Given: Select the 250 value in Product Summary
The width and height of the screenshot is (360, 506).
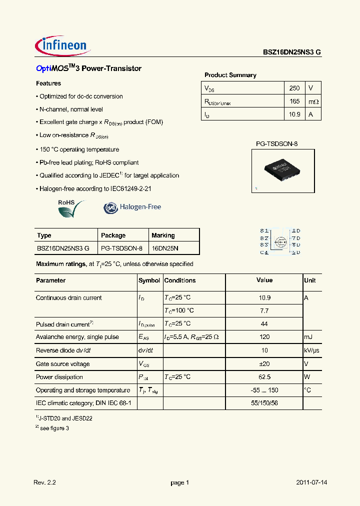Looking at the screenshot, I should click(x=294, y=88).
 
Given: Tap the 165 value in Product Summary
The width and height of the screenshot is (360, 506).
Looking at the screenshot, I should click(x=294, y=101).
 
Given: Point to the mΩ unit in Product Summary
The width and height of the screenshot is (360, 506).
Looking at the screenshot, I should click(x=313, y=101).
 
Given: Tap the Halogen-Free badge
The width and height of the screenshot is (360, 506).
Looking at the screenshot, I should click(x=132, y=207).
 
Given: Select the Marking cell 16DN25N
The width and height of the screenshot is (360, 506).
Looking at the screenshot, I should click(x=165, y=248).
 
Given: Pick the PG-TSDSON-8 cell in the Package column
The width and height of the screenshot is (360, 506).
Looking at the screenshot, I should click(x=121, y=248).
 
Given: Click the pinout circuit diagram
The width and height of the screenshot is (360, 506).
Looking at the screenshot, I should click(x=280, y=241).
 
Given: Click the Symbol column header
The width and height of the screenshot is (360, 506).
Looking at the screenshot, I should click(x=149, y=280).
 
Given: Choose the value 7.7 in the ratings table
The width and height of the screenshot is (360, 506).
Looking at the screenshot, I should click(x=264, y=310).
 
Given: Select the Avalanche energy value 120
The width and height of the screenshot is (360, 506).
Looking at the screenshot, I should click(x=264, y=337).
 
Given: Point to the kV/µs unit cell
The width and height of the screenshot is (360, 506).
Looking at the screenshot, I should click(x=311, y=350).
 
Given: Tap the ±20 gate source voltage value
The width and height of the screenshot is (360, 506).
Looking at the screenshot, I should click(x=264, y=364).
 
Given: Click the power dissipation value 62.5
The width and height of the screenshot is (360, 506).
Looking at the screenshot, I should click(x=264, y=377).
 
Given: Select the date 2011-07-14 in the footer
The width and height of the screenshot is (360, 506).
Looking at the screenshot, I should click(x=311, y=482).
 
